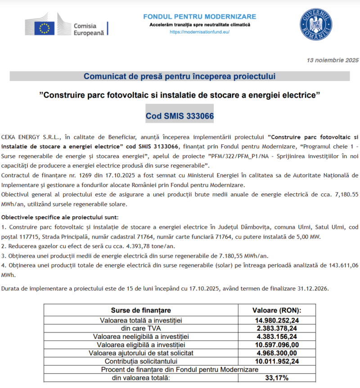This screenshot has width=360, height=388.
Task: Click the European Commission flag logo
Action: pos(45,26)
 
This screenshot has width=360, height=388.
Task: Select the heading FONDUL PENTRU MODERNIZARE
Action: pos(199,17)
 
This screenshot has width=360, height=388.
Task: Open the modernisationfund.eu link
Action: pos(199,32)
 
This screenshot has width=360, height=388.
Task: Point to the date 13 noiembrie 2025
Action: pos(333,60)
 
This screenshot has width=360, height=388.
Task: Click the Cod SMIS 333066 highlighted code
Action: pos(180,116)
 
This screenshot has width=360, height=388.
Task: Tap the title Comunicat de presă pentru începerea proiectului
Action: pos(179,76)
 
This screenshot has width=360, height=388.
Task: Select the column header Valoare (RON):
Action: pos(276,310)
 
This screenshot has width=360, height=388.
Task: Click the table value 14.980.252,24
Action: pos(276,320)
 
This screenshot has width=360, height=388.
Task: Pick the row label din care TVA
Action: pos(140,328)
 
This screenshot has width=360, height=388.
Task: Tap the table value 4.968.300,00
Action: pos(276,353)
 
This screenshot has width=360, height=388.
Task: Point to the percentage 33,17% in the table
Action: pos(276,378)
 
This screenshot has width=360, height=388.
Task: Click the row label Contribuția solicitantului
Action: pos(140,361)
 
